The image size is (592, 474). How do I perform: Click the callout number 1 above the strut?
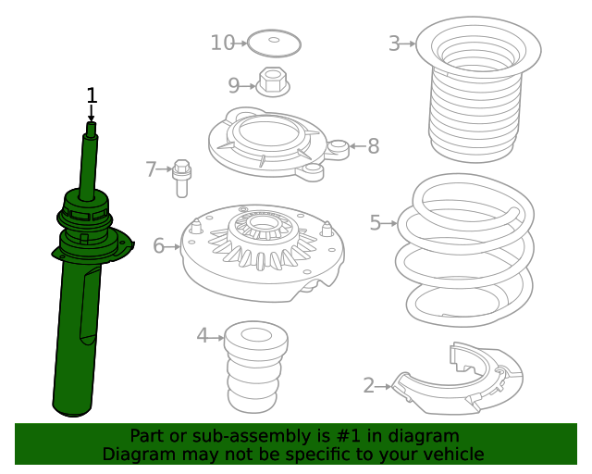[92, 95]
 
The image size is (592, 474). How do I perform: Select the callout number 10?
[223, 43]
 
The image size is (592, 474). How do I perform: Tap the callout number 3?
[394, 44]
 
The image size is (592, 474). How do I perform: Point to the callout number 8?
[373, 146]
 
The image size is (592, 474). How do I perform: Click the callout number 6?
[158, 246]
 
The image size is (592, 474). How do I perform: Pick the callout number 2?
[368, 386]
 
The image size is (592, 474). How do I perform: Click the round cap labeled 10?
[274, 44]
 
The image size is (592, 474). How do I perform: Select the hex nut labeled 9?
[273, 82]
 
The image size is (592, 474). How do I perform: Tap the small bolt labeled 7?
[181, 178]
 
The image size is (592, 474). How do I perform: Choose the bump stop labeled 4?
[255, 367]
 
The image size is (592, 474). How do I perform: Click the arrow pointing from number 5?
[390, 223]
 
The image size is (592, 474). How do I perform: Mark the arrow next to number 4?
[216, 338]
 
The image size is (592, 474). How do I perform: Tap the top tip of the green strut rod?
[91, 123]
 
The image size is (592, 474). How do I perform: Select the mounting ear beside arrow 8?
[338, 149]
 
